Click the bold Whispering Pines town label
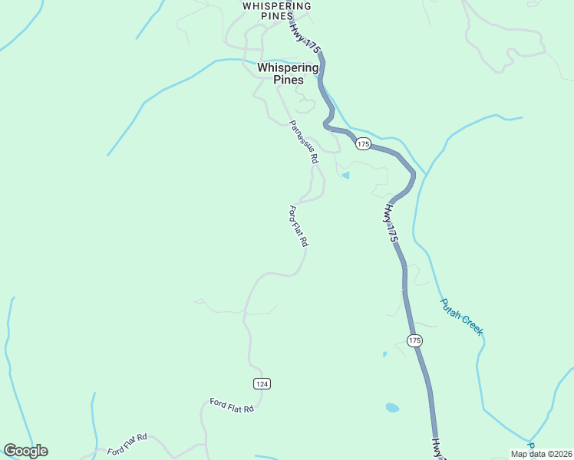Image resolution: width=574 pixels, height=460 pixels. point(288,74)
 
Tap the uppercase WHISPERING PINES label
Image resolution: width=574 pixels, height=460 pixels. point(276,11)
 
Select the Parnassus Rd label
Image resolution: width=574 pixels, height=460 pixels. point(303,142)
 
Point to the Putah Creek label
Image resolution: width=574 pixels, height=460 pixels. point(461,316)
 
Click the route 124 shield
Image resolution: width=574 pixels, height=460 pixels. point(262,383)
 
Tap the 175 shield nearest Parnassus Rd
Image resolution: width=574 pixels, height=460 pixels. point(363,144)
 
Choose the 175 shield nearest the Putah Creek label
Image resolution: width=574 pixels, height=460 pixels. point(414,340)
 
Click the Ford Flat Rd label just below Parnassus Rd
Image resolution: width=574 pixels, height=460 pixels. point(299,225)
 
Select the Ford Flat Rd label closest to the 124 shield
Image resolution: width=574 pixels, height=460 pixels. point(232,406)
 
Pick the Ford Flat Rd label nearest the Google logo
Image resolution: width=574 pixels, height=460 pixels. point(127,444)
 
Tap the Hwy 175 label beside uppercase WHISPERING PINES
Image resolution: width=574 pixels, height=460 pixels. point(305,37)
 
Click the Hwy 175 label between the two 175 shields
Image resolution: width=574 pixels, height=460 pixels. point(392,223)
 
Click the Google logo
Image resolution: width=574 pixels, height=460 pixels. point(25,451)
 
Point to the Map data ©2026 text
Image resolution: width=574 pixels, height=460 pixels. point(541,454)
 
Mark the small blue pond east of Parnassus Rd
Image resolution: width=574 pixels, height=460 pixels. point(346,176)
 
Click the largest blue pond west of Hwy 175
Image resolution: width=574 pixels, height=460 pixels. point(392,408)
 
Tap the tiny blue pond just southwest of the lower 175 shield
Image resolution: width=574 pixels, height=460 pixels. point(384,354)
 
